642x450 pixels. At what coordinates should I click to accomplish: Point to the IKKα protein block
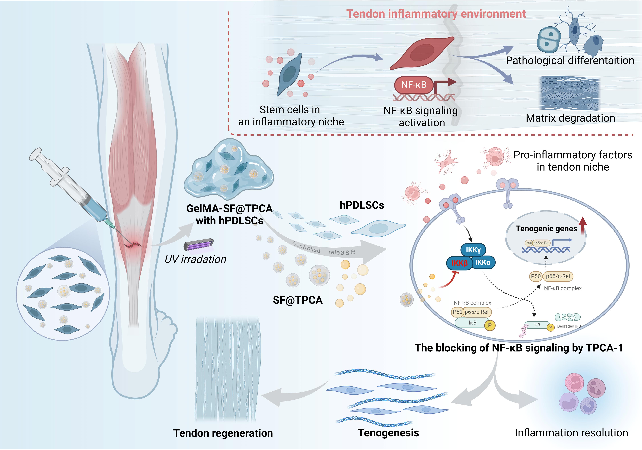click(483, 262)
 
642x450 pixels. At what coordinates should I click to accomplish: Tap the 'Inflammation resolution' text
click(571, 433)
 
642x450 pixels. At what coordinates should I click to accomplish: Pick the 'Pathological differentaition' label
click(570, 61)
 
